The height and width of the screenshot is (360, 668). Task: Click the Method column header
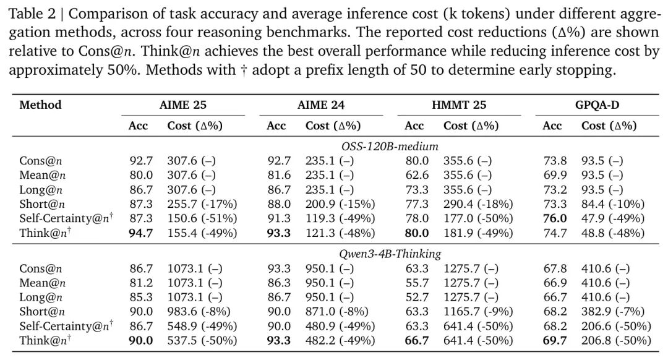[x=40, y=105]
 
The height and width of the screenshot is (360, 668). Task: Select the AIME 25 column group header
[x=183, y=105]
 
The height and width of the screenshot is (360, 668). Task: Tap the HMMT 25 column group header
[x=463, y=105]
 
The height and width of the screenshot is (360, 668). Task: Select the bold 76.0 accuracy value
[x=555, y=218]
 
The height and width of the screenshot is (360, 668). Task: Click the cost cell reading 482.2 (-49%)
[x=340, y=340]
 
